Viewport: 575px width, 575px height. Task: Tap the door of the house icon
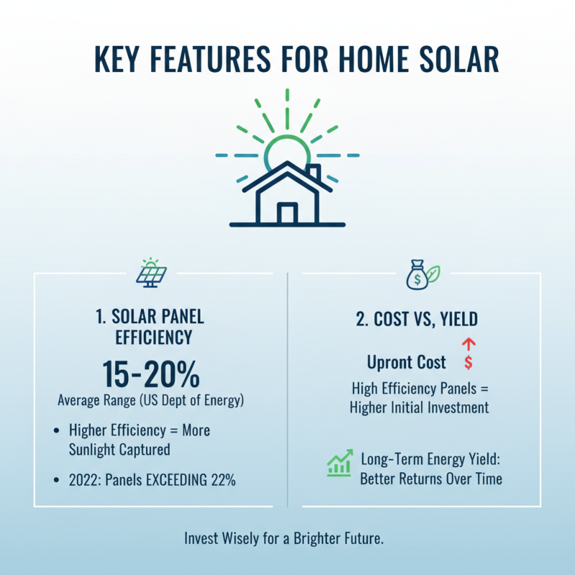tap(287, 213)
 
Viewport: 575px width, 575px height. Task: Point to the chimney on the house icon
tap(313, 173)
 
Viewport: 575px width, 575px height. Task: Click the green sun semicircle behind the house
tap(287, 147)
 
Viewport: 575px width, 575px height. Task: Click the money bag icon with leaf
tap(423, 275)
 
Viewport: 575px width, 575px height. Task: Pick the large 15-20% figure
tap(151, 374)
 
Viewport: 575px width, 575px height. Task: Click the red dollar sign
tap(469, 362)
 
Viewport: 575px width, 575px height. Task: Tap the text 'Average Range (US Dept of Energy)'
tap(151, 400)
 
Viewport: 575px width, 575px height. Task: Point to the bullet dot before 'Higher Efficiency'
tap(57, 431)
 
